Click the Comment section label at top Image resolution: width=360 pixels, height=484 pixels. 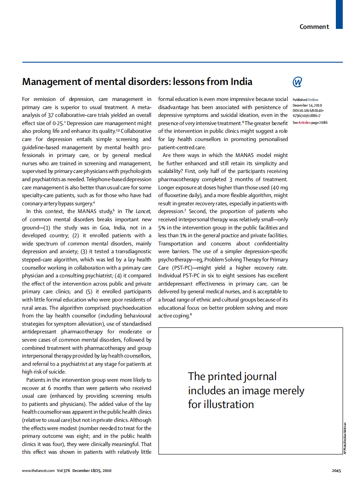[x=314, y=27]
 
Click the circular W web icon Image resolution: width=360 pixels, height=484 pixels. [x=297, y=82]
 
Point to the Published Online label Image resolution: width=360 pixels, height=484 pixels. [x=305, y=100]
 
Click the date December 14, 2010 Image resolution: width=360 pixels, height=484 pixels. [x=307, y=105]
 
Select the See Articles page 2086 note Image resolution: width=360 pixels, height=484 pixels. [x=310, y=123]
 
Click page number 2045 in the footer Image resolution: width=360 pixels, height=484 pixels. [x=336, y=471]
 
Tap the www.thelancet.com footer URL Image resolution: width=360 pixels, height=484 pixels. [x=38, y=471]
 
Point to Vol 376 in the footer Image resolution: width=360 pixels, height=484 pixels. [x=63, y=471]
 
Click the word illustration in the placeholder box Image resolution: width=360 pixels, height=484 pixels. [x=228, y=404]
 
